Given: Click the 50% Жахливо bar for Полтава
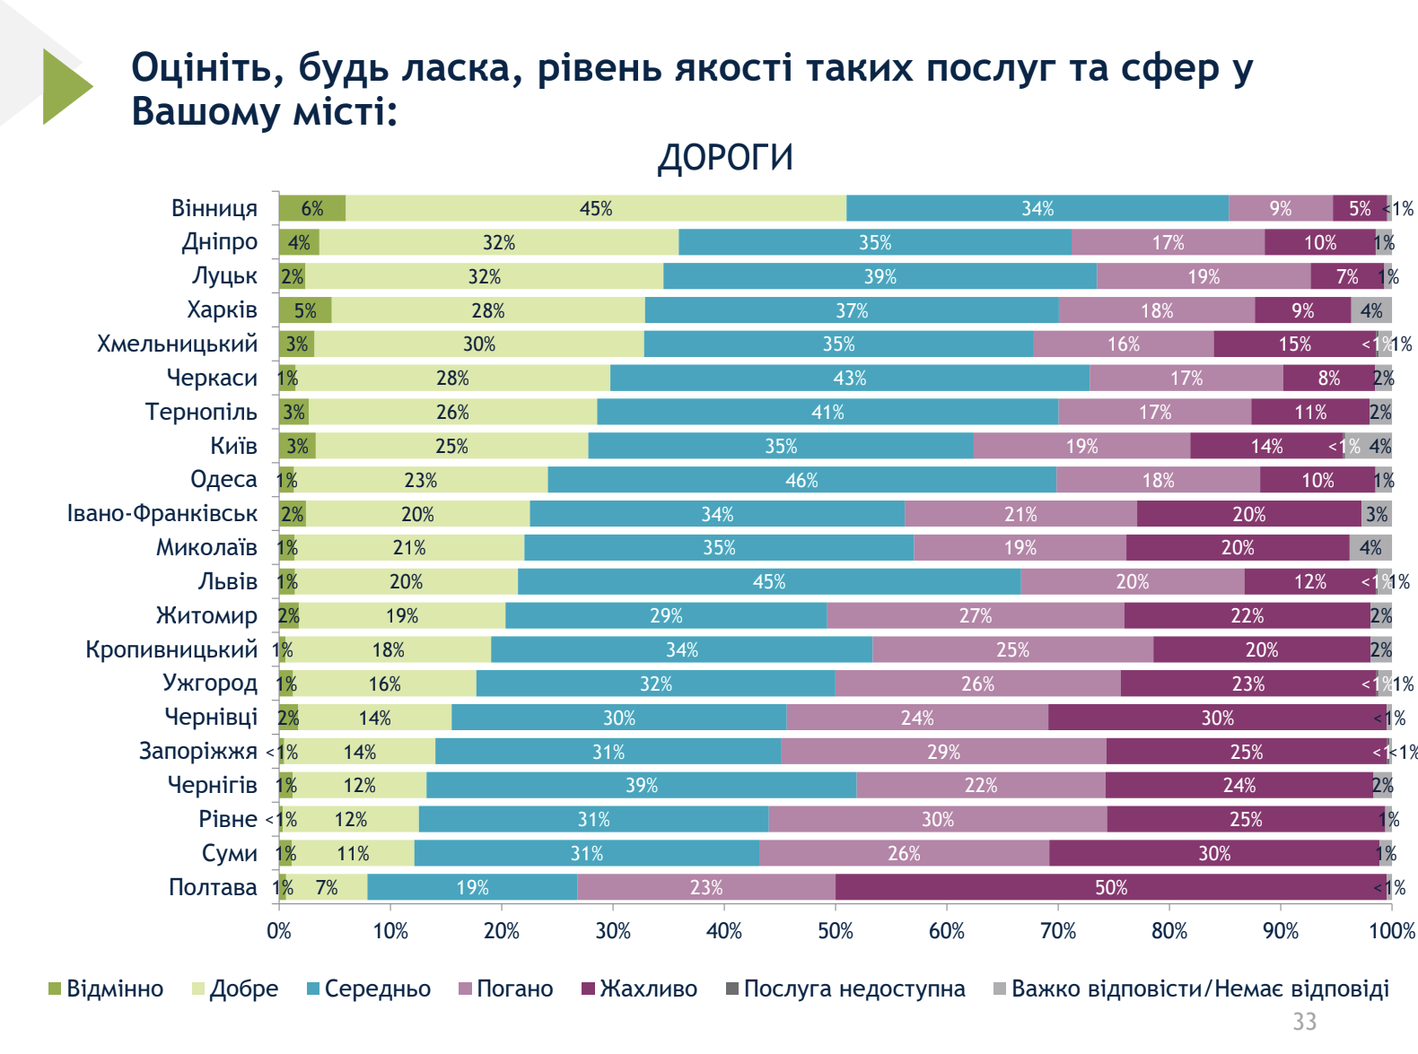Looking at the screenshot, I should click(x=1110, y=887).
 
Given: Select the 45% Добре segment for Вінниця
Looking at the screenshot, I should click(x=595, y=208).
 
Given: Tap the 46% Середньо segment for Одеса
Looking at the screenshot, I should click(x=801, y=480).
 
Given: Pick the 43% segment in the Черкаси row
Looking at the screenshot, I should click(x=849, y=378).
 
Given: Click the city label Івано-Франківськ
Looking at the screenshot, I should click(x=162, y=514).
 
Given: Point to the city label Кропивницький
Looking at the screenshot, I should click(x=171, y=649).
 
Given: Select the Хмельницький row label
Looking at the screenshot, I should click(x=177, y=344).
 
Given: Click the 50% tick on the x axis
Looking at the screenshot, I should click(x=836, y=931).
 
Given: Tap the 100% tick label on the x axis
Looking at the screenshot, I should click(x=1391, y=931).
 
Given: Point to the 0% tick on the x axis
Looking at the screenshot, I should click(x=279, y=931).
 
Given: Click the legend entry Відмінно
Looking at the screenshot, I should click(x=106, y=989).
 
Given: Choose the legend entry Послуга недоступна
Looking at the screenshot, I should click(x=845, y=989).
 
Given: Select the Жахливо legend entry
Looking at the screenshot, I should click(x=639, y=989).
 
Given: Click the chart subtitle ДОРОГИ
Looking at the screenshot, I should click(x=725, y=158).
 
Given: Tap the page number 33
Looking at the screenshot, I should click(x=1304, y=1021).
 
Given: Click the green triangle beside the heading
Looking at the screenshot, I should click(x=65, y=86).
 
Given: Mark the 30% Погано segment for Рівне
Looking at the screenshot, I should click(x=937, y=819).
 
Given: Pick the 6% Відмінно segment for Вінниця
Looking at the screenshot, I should click(x=311, y=208).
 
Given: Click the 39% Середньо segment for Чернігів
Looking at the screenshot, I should click(x=641, y=785).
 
